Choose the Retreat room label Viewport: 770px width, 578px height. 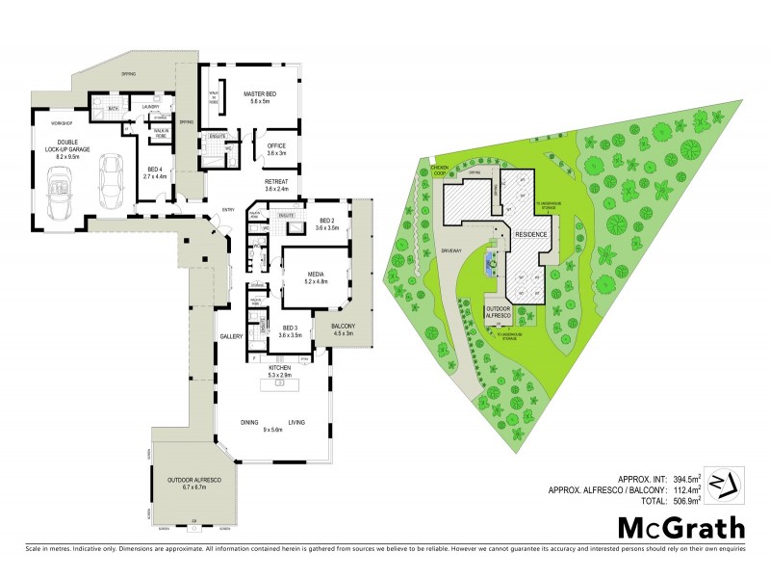coord(277,184)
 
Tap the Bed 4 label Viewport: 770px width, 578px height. coord(155,173)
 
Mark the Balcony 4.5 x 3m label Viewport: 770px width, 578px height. coord(344,329)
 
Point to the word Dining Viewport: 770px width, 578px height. coord(250,421)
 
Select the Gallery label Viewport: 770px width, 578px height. coord(230,336)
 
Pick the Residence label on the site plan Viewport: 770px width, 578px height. coord(530,234)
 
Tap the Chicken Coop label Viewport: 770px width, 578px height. coord(442,170)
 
